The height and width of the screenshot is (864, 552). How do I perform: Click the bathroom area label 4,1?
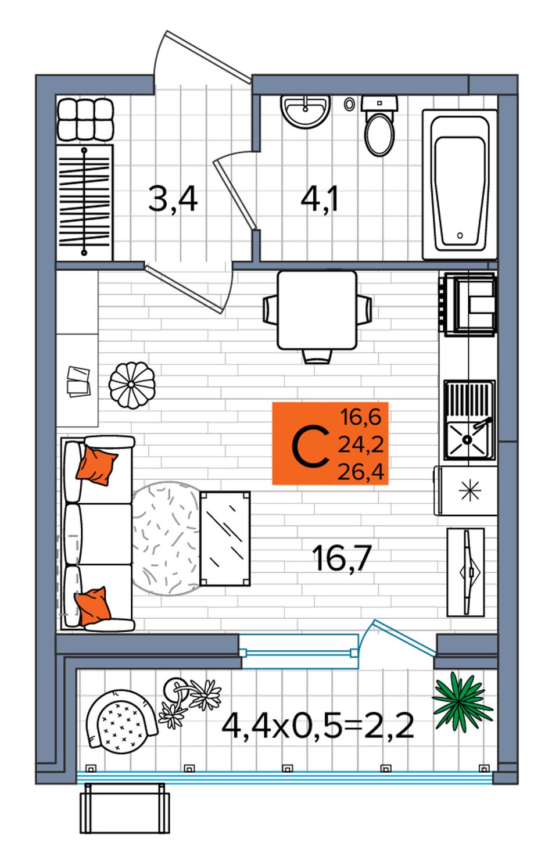coord(319,199)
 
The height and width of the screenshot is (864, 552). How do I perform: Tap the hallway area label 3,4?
coord(173,199)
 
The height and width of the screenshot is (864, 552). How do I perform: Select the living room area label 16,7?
coord(342,558)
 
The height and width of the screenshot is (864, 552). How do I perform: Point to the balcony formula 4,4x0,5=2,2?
coord(318,725)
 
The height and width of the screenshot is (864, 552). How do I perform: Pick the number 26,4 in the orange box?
coord(361,471)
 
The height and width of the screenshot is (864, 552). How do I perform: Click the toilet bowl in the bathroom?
coord(379,127)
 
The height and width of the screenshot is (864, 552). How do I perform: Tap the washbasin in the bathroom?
coord(305,112)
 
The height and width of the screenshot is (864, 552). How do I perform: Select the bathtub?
coord(459,184)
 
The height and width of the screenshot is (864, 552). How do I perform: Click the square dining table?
coord(317,310)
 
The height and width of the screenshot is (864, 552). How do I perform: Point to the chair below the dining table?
coord(317,356)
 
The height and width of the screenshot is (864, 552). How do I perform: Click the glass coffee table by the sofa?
coord(225,539)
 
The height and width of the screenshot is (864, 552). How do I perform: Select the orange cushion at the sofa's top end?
coord(96,465)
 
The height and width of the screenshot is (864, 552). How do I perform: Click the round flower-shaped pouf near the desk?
coord(132,385)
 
